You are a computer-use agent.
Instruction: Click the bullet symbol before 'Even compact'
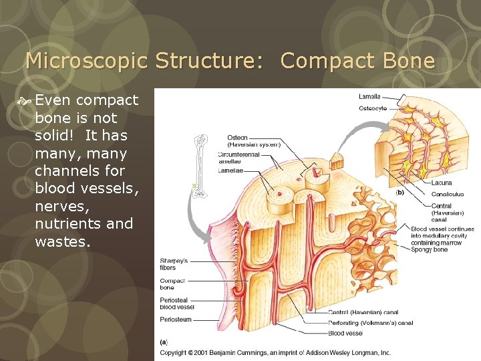[27, 100]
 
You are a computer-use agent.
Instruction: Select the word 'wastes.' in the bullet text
[62, 241]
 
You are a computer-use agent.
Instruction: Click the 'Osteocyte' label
[373, 108]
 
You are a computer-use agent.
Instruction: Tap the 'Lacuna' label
[442, 183]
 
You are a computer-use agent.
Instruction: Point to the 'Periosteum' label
[176, 320]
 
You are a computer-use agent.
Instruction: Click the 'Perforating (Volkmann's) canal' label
[370, 323]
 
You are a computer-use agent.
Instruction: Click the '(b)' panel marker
[399, 192]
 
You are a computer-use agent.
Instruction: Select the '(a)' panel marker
[164, 342]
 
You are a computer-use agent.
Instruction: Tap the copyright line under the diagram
[275, 352]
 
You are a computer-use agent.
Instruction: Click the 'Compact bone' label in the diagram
[172, 284]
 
